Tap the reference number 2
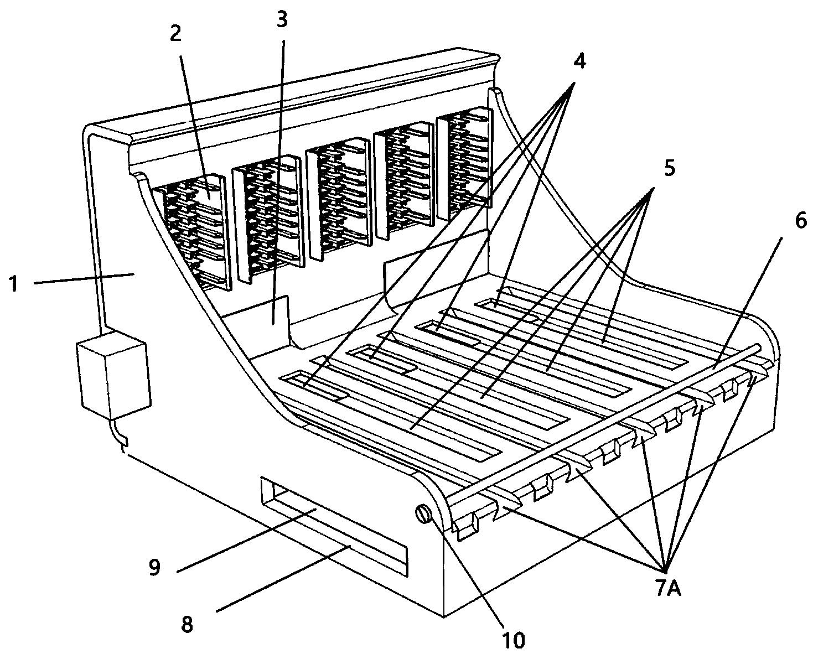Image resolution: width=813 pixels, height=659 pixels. (x=175, y=34)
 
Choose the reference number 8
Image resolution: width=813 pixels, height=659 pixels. (x=188, y=625)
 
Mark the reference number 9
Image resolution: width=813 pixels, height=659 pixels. (x=154, y=567)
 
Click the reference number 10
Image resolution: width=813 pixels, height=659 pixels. (x=512, y=640)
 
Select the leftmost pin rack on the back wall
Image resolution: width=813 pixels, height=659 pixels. (x=193, y=232)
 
